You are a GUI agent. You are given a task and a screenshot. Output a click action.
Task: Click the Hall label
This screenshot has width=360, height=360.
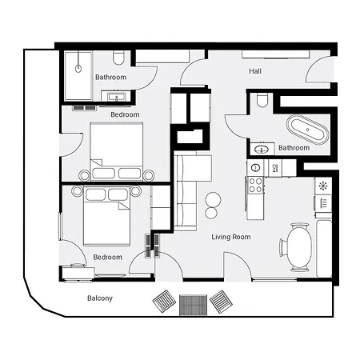pos(255,71)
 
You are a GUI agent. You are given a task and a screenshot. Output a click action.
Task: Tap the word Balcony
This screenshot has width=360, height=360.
pos(100,298)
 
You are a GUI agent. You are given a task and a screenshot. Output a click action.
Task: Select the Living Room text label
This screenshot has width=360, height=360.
pos(231,237)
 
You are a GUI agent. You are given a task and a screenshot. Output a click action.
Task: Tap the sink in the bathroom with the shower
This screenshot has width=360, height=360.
pos(118,98)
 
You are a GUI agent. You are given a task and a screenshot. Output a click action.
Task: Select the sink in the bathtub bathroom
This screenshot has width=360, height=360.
pos(261,149)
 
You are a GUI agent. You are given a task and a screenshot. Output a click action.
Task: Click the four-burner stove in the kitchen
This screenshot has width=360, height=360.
pos(256,186)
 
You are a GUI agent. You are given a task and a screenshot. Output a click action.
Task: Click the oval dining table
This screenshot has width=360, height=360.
pos(299,246)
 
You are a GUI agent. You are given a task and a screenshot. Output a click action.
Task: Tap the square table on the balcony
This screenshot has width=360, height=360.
pos(193,304)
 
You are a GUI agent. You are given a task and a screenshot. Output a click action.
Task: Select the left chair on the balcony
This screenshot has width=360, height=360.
pos(166,302)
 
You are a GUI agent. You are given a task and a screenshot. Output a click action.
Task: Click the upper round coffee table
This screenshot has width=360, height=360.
pos(213,199)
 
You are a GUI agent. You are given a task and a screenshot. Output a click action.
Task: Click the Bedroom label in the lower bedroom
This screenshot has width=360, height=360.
pos(107,257)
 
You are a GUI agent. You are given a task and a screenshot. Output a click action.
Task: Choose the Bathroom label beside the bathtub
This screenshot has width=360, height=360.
pos(294,148)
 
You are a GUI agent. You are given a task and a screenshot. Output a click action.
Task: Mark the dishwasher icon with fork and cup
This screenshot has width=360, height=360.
pos(275,167)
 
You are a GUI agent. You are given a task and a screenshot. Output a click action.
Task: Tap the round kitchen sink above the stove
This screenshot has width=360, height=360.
pos(256,167)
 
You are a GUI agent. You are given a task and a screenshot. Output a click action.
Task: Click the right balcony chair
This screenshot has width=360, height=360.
pos(221,302)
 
